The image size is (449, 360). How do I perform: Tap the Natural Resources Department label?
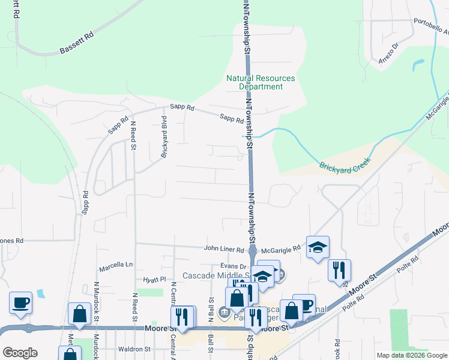coord(261,82)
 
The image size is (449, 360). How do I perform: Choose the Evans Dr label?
coord(234,266)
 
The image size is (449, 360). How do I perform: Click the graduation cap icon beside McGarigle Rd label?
coord(318,247)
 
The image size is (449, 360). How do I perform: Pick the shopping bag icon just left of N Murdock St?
coord(80,313)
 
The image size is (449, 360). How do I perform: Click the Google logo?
coord(20,353)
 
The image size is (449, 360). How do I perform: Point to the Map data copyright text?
coord(411,355)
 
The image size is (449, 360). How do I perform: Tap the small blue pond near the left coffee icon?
coord(40,294)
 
